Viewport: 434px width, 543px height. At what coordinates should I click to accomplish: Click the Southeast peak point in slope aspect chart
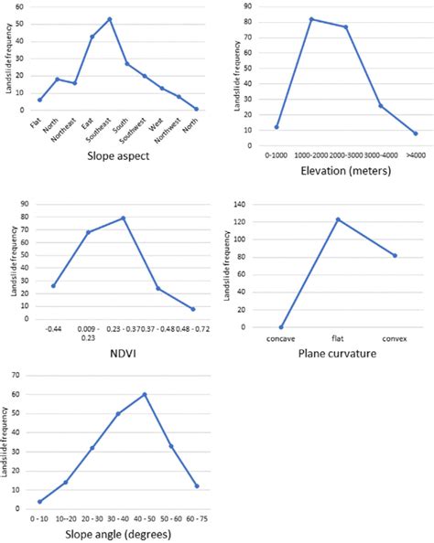(110, 18)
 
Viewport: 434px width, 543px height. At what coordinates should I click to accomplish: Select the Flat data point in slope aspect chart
(39, 100)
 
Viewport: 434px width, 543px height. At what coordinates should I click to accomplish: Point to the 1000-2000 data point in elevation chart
(311, 18)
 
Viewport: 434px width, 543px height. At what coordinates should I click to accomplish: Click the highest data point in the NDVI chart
(123, 218)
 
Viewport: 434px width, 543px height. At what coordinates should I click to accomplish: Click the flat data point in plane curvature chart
(338, 219)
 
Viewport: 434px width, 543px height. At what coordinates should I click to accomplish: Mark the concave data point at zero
(281, 326)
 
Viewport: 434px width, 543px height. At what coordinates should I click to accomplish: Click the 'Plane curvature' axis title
(337, 352)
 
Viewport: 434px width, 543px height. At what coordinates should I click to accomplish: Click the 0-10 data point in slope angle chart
(39, 501)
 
